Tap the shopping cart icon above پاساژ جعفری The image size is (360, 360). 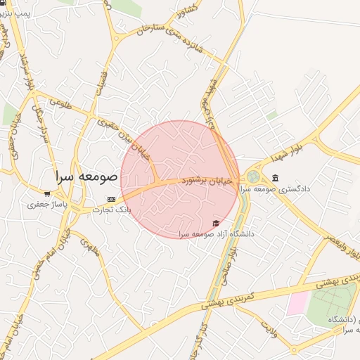coord(47,194)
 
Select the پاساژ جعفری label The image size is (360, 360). coord(46,205)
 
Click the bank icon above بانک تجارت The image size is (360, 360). coord(110,200)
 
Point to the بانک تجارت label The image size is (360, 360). coord(112,210)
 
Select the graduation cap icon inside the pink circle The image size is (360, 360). coord(215,223)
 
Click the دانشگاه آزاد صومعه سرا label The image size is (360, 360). coord(217,233)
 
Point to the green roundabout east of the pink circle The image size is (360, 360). coord(252,176)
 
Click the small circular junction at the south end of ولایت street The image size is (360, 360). coord(294,350)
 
